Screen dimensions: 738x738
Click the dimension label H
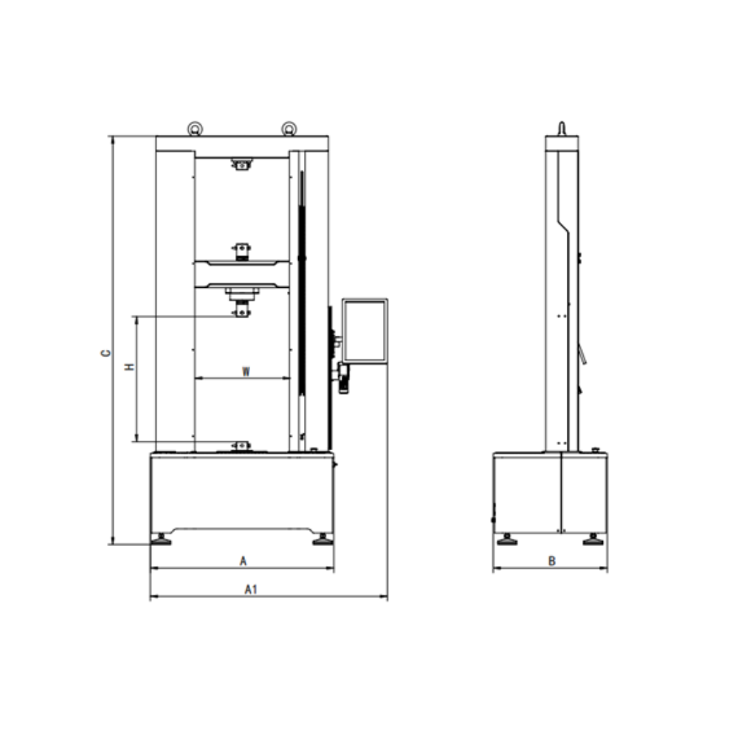129,366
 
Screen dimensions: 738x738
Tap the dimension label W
246,372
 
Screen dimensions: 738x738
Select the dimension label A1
251,589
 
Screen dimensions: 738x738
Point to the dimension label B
551,561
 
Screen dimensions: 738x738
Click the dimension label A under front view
243,561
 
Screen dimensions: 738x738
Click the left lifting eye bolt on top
195,128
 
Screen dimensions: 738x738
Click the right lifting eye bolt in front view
289,128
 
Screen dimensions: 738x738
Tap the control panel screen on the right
365,331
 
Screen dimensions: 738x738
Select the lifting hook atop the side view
562,128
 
